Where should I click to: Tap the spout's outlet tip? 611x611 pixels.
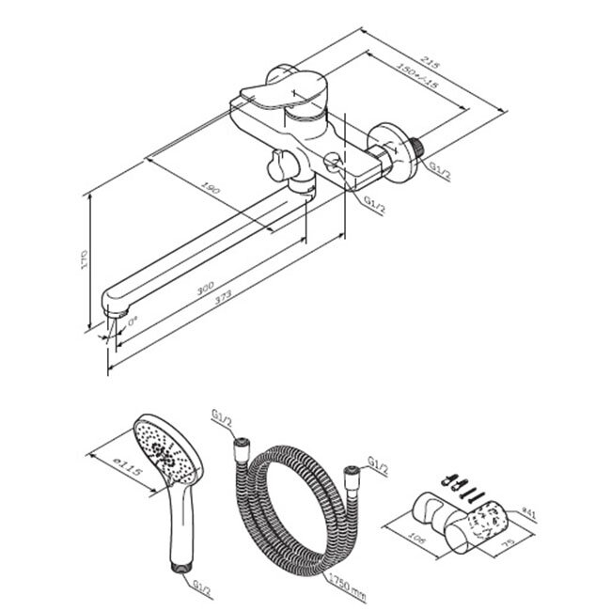click(x=117, y=309)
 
